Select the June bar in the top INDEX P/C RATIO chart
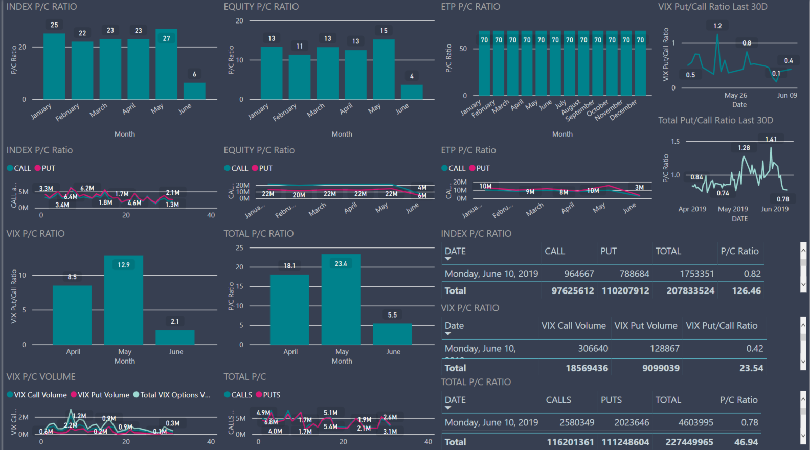(194, 91)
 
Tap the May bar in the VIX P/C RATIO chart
(124, 302)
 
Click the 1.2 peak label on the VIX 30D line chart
(717, 26)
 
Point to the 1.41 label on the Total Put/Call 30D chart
(771, 139)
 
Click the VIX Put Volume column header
(645, 326)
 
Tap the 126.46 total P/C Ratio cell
(746, 290)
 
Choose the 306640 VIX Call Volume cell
(593, 348)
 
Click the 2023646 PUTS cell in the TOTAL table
(632, 422)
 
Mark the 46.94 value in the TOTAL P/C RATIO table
(746, 442)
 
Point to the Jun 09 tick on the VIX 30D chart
(787, 95)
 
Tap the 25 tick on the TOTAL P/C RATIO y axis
(239, 248)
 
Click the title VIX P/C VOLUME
(41, 377)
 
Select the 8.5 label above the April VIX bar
(72, 277)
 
